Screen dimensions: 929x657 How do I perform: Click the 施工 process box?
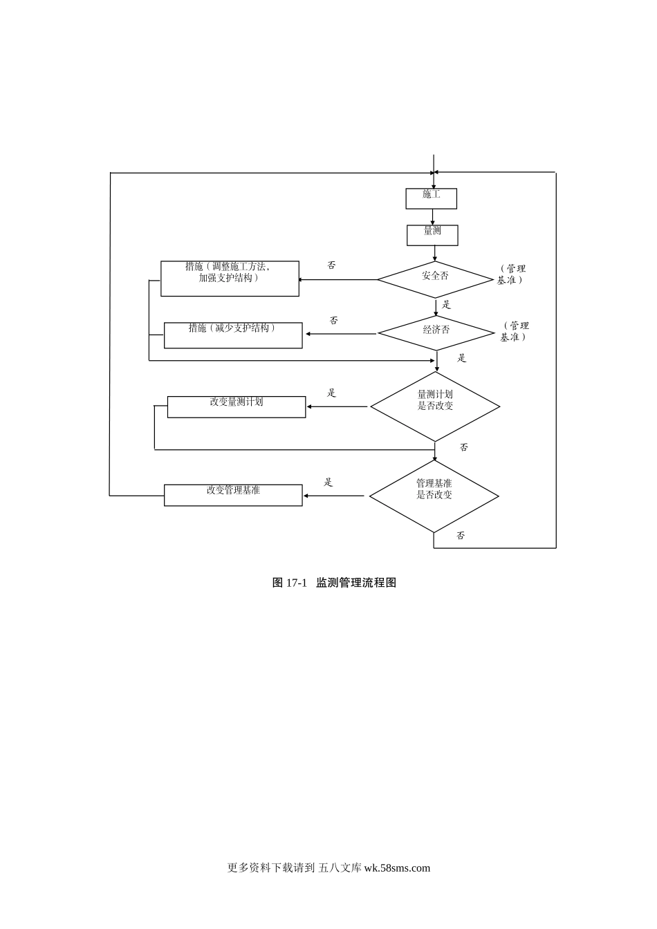coord(431,198)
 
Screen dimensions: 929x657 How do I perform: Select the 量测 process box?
coord(432,235)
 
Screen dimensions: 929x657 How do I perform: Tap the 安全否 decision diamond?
coord(435,279)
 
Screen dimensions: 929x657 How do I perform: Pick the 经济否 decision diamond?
coord(436,333)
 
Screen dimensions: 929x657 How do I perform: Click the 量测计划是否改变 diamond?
coord(435,406)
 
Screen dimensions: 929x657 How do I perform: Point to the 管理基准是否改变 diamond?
coord(434,496)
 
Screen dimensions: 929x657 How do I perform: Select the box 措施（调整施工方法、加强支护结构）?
coord(230,279)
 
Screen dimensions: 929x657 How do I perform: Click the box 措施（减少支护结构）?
coord(233,335)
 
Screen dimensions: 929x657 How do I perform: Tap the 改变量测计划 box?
coord(237,407)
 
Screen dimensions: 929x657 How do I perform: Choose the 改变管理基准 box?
coord(233,495)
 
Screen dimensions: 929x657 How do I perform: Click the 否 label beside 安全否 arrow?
coord(331,265)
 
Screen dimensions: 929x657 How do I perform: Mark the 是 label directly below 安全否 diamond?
coord(446,305)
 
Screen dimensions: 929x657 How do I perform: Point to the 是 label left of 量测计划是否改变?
coord(331,393)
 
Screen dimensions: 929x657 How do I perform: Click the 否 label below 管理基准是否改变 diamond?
coord(461,536)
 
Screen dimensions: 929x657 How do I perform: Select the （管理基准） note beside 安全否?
coord(511,274)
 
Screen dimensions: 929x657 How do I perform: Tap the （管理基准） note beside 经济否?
coord(515,331)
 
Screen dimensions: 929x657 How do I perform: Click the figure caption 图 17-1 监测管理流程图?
coord(334,583)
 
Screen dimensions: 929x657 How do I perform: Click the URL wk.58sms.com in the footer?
coord(397,868)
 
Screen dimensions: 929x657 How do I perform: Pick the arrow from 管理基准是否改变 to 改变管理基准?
coord(333,496)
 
